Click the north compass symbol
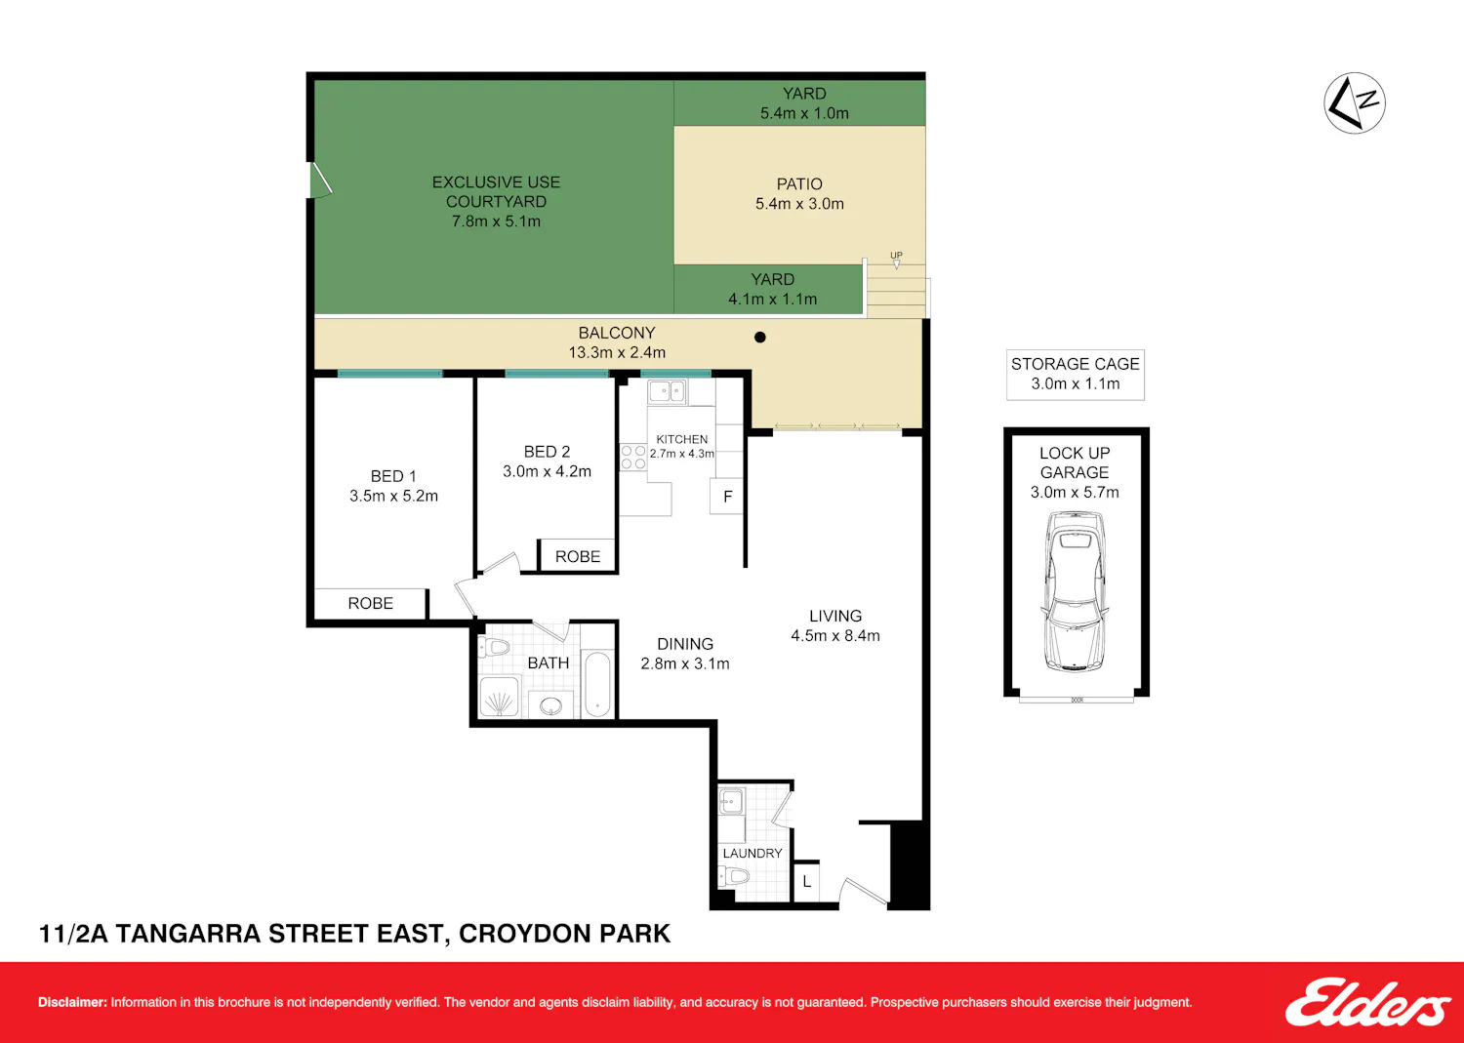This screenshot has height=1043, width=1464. [1355, 102]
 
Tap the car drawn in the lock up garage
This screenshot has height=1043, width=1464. [1076, 591]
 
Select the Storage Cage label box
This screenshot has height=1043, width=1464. [1076, 375]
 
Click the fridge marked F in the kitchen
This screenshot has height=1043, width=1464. [727, 497]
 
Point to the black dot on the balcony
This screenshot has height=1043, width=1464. [759, 338]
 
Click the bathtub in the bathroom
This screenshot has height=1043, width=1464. [597, 684]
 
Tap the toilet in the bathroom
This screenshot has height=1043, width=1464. [494, 648]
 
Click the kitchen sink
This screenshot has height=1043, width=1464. [667, 391]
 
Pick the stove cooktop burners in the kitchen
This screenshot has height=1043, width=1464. [632, 458]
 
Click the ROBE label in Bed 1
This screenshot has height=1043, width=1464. [370, 603]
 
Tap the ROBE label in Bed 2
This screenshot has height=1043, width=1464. [577, 557]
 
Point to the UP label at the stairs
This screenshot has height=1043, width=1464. [896, 255]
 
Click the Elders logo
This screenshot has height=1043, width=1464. [1368, 1002]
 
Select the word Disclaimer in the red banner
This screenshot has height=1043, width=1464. [72, 1002]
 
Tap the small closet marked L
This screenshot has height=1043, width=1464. [806, 882]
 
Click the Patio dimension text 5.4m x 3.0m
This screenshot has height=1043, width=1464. [799, 204]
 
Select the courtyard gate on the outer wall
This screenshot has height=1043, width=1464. [319, 180]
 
